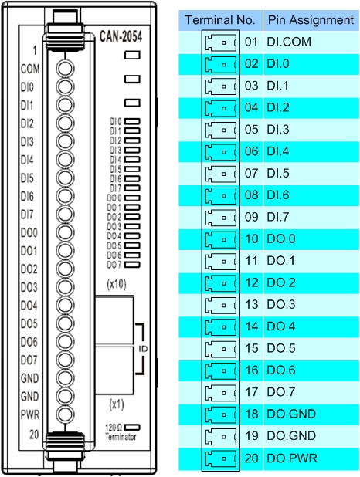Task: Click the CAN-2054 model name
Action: click(121, 36)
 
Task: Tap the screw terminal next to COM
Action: click(65, 69)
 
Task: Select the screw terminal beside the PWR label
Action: click(65, 414)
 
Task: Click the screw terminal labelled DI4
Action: click(65, 160)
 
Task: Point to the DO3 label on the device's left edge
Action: click(29, 287)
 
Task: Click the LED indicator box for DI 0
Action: click(132, 122)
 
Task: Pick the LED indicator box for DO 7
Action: click(132, 265)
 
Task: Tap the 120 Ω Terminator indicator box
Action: click(132, 427)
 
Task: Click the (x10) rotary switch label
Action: click(117, 284)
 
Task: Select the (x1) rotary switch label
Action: click(117, 404)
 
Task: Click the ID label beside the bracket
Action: click(143, 349)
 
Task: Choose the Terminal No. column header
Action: click(220, 20)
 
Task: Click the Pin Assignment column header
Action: click(311, 20)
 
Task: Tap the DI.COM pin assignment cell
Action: click(289, 42)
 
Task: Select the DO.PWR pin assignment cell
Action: click(292, 458)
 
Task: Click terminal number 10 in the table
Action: click(252, 238)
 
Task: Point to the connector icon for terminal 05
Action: click(221, 130)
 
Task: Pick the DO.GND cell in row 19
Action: click(291, 435)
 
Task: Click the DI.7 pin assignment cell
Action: click(278, 217)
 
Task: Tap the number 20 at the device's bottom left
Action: click(34, 435)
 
